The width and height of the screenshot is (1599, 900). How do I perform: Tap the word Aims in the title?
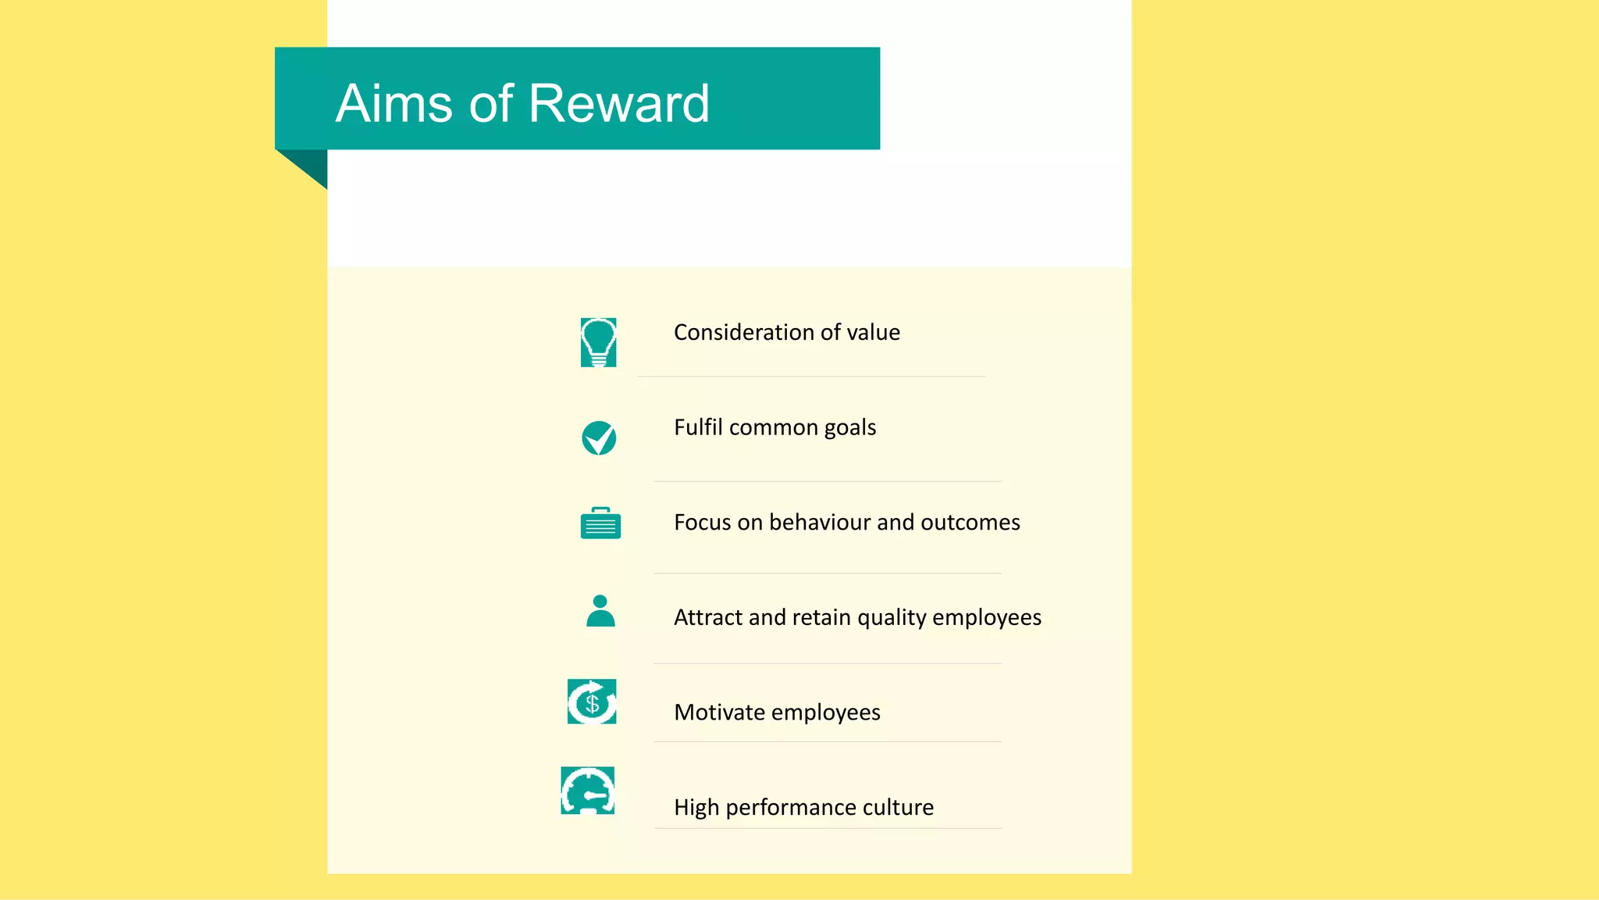coord(394,103)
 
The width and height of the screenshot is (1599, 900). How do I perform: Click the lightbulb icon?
coord(599,342)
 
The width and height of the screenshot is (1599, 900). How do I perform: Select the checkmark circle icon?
coord(599,437)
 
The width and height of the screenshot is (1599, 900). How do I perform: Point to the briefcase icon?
coord(600,523)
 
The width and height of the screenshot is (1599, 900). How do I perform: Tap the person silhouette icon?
coord(600,611)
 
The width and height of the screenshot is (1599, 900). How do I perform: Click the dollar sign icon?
coord(592,702)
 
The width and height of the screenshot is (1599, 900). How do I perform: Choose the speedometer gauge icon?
coord(588,791)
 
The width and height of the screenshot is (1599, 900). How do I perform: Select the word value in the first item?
coord(873,333)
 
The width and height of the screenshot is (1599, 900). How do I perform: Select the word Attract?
coord(707,617)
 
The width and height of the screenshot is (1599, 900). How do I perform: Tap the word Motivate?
coord(719,712)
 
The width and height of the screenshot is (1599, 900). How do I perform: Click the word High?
coord(696,808)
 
